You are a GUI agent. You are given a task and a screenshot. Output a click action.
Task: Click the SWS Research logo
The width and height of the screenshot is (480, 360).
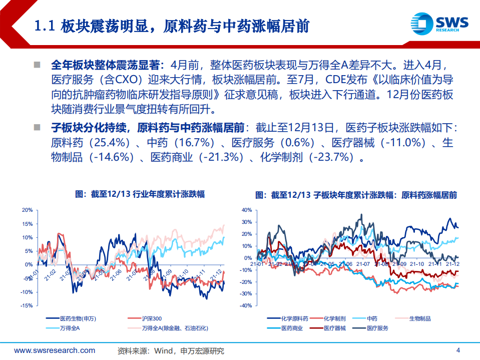(439, 24)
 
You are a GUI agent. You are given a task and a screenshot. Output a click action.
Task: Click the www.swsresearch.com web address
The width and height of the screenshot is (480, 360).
(55, 350)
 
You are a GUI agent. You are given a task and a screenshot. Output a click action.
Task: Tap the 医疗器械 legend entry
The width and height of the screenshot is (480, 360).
(332, 328)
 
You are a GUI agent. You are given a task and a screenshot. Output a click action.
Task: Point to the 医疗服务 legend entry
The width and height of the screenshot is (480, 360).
(377, 328)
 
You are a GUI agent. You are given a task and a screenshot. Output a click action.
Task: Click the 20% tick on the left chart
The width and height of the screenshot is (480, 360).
(28, 210)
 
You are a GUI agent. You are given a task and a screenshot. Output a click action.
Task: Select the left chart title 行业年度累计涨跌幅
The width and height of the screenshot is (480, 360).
(140, 194)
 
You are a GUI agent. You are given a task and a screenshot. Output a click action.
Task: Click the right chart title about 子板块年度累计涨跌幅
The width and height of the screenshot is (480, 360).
(356, 194)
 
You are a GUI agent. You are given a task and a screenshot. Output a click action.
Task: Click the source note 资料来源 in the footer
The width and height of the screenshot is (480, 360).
(170, 350)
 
